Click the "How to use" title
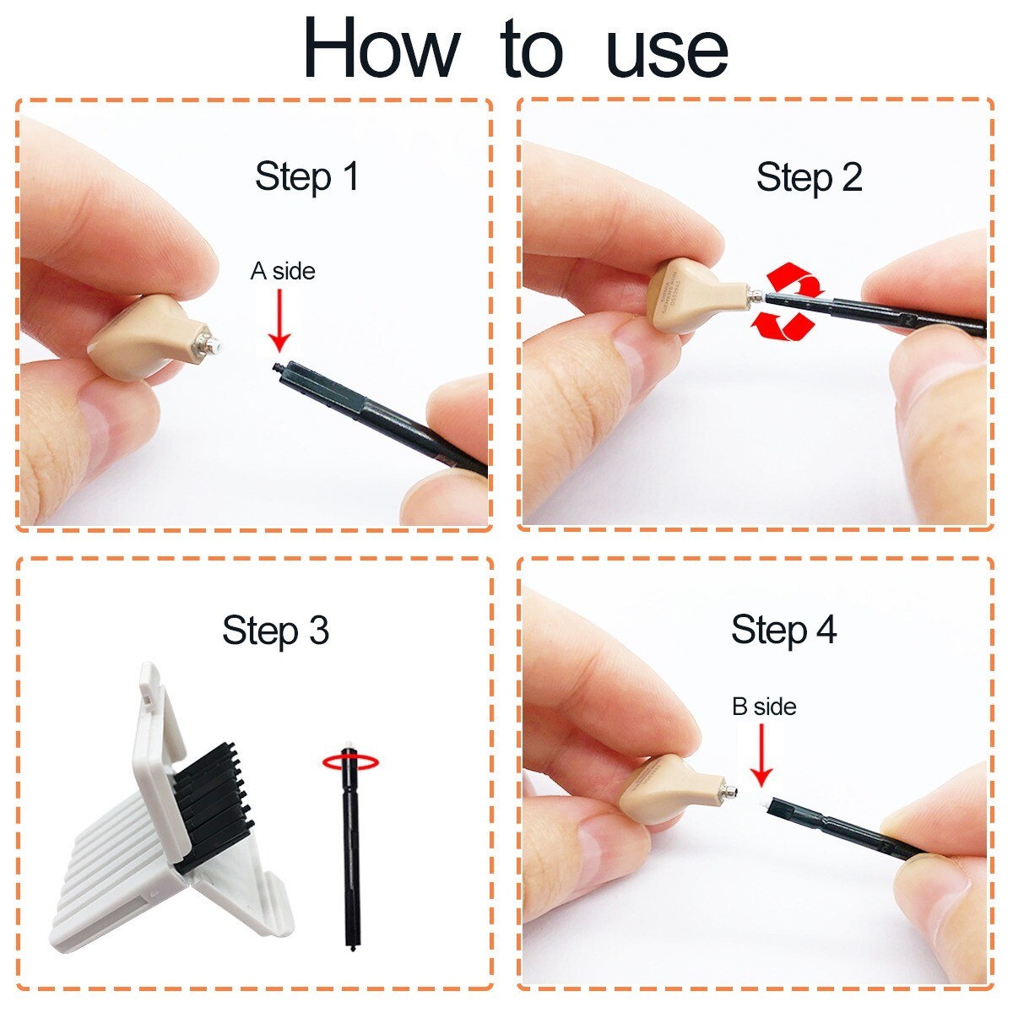point(515,49)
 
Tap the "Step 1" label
point(307,177)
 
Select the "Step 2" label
point(809,178)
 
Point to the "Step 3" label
point(275,631)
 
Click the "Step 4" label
point(783,630)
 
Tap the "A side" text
point(283,272)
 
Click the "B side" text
point(764,707)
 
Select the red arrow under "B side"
point(761,755)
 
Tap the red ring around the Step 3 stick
point(350,762)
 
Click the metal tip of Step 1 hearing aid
point(211,344)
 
